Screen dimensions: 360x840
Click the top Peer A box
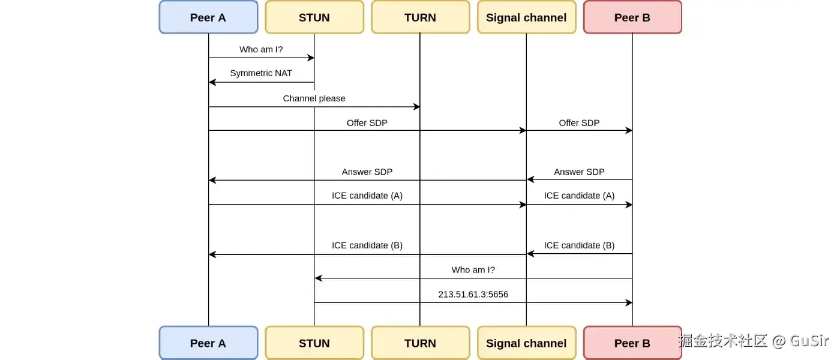(x=208, y=17)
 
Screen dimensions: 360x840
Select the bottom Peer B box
(x=632, y=343)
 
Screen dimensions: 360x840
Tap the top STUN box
(x=314, y=17)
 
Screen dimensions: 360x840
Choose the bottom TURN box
(x=420, y=343)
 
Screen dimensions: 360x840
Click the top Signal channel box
(x=526, y=17)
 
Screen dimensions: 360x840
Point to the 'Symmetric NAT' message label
(x=261, y=73)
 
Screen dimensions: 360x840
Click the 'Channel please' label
(x=314, y=98)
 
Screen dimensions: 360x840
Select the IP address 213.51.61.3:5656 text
(x=473, y=294)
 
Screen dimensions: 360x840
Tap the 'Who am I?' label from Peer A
(x=261, y=49)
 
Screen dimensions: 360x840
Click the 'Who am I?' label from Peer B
(x=473, y=270)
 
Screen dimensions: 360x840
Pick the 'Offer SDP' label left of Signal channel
(x=367, y=122)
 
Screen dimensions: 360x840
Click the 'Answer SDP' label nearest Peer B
(x=579, y=172)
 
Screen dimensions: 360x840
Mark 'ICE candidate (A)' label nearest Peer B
(x=579, y=196)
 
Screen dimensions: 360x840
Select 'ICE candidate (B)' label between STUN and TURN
(x=367, y=245)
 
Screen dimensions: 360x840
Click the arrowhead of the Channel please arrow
(x=416, y=107)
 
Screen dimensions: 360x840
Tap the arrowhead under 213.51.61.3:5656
(x=629, y=302)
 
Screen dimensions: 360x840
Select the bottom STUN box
(x=314, y=343)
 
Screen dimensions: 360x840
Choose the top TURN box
(x=420, y=17)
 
